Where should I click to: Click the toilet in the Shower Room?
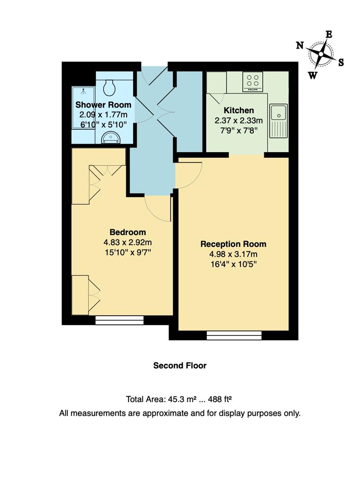coord(109,87)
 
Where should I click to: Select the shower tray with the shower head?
coord(83,107)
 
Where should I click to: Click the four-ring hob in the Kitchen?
coord(253,81)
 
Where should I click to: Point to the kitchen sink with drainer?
coord(279,121)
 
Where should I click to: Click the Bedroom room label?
coord(128,232)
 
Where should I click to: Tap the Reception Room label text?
coord(233,244)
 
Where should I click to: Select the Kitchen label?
coord(239,110)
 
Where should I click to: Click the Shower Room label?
coord(103,105)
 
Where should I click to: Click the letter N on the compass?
coord(300,45)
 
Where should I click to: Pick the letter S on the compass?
coord(341,62)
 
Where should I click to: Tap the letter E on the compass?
coord(329,34)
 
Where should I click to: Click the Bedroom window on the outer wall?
coord(120,320)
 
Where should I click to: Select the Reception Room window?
coord(234,335)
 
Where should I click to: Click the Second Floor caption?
coord(180,366)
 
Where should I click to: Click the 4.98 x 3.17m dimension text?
coord(233,255)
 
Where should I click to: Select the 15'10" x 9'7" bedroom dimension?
coord(128,252)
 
